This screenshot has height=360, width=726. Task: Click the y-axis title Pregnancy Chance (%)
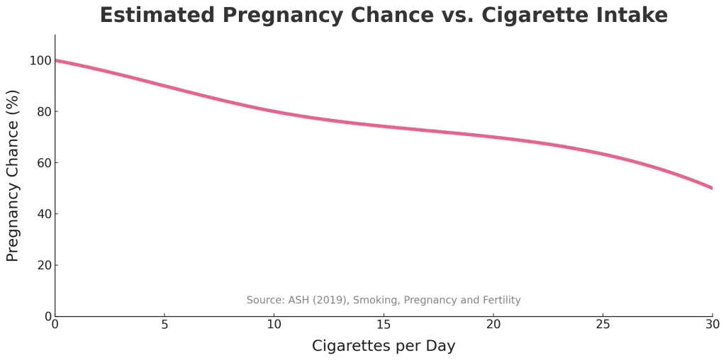13,175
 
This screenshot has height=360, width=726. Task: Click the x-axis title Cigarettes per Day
384,346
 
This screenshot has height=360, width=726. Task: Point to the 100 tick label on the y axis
40,61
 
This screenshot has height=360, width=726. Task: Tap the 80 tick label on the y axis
43,112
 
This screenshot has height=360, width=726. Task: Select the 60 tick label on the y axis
43,163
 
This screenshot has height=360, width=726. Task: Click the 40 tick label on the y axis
43,214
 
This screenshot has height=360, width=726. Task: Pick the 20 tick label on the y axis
43,265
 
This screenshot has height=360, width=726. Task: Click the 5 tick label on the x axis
164,324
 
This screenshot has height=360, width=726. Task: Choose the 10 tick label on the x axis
274,324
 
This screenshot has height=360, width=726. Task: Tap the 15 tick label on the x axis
384,324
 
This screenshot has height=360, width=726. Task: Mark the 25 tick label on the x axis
603,324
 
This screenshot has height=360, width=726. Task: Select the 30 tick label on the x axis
712,324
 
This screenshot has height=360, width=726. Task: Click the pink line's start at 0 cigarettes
56,60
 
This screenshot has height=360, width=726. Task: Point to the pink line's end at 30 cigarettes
712,188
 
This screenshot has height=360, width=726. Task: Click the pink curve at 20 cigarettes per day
493,137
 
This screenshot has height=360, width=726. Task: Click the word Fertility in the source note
500,300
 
